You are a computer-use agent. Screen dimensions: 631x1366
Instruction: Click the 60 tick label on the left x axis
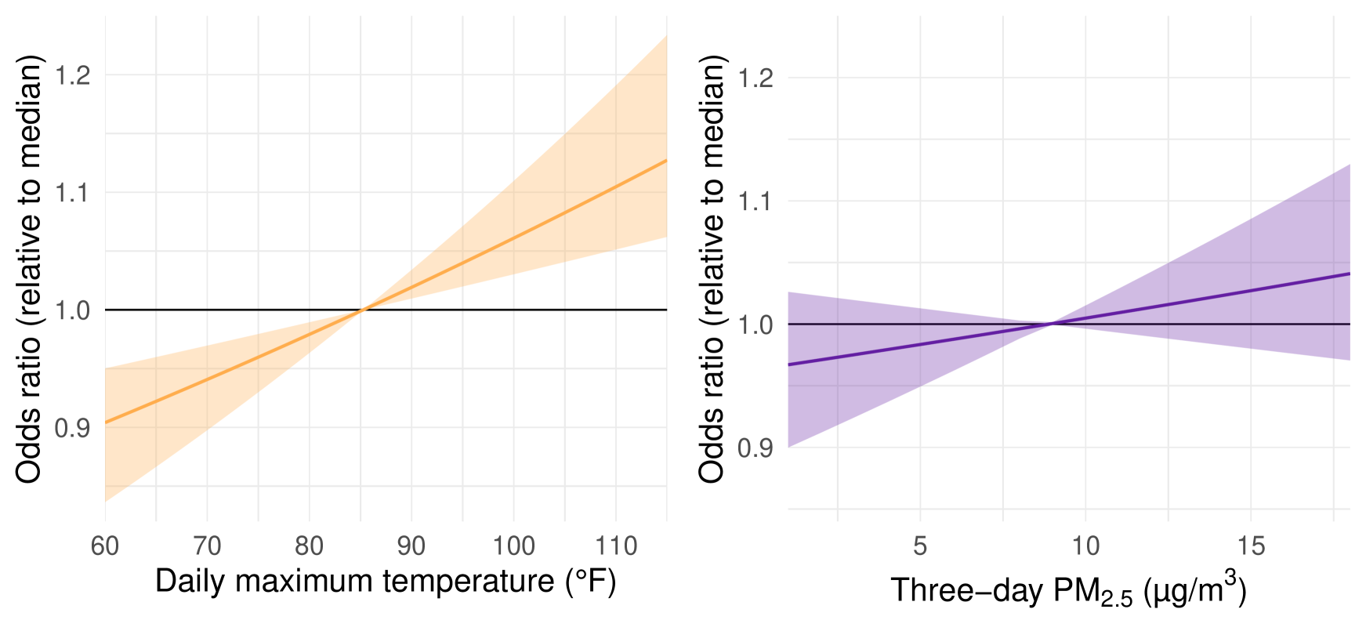105,546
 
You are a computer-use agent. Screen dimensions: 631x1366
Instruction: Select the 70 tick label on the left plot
207,546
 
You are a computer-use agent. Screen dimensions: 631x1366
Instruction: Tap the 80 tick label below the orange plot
309,546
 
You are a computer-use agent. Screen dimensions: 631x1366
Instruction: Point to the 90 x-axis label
411,546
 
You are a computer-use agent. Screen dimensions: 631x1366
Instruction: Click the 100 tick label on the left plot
513,546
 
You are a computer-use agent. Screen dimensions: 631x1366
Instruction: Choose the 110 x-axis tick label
615,546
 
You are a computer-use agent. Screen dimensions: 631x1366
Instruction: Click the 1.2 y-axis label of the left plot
72,76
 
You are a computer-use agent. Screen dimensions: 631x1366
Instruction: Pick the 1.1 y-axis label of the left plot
72,193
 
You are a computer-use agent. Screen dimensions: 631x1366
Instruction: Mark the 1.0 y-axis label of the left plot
72,311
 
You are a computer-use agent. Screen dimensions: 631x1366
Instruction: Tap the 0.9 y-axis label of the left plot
72,428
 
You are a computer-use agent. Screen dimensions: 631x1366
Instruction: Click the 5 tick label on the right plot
920,546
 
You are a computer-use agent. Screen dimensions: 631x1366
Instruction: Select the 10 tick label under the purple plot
1085,546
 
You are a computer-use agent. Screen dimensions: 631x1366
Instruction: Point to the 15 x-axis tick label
1251,546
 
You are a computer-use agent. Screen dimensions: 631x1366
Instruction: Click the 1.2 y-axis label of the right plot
755,78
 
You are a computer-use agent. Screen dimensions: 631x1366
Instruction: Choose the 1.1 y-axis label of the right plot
755,201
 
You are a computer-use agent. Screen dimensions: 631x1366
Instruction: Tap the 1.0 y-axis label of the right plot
755,325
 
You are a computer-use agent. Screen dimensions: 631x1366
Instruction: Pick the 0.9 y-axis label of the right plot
755,448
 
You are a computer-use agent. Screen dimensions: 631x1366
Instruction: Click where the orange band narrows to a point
361,310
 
